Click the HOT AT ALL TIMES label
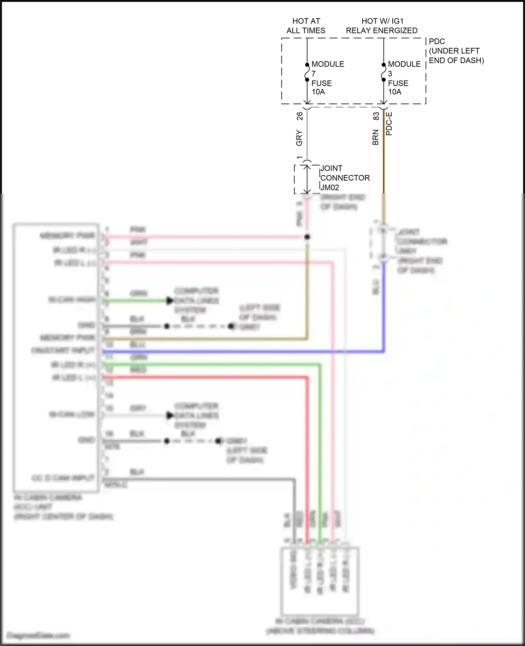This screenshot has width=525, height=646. pyautogui.click(x=306, y=26)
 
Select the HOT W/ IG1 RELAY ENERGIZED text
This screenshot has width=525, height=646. pyautogui.click(x=381, y=26)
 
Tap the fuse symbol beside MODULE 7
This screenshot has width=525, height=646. pyautogui.click(x=307, y=72)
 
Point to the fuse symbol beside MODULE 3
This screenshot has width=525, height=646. pyautogui.click(x=384, y=72)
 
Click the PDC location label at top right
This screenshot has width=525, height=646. pyautogui.click(x=456, y=51)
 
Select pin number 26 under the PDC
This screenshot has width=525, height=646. pyautogui.click(x=300, y=116)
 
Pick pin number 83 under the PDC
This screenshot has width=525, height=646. pyautogui.click(x=376, y=116)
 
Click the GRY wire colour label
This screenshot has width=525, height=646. pyautogui.click(x=299, y=138)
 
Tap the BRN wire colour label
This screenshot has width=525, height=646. pyautogui.click(x=376, y=137)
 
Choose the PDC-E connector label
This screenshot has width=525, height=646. pyautogui.click(x=389, y=124)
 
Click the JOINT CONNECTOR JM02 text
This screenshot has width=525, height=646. pyautogui.click(x=344, y=178)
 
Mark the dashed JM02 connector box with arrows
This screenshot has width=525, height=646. pyautogui.click(x=307, y=179)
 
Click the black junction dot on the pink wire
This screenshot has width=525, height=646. pyautogui.click(x=307, y=237)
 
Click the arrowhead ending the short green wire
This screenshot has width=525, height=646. pyautogui.click(x=170, y=301)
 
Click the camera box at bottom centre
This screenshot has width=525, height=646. pyautogui.click(x=320, y=581)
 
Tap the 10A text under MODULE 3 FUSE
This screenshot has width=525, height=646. pyautogui.click(x=394, y=92)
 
